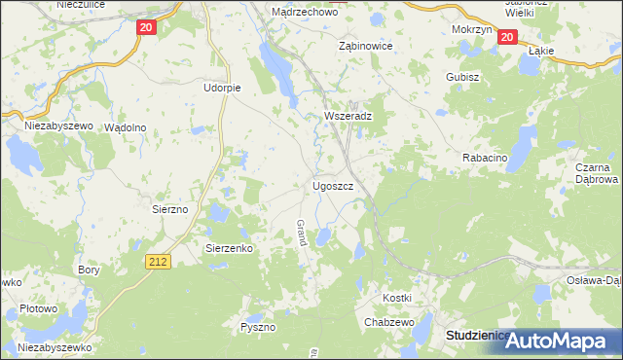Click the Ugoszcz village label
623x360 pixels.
339,185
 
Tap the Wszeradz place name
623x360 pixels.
348,115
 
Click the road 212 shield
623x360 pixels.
160,261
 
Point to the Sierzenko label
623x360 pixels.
230,248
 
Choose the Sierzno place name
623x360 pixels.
175,208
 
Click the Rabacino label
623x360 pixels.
484,157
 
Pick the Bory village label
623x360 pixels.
90,270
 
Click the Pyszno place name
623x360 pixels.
259,328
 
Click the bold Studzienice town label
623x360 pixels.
477,335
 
